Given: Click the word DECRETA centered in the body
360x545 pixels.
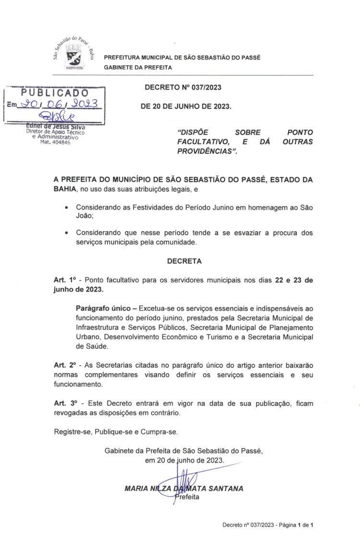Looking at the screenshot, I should pyautogui.click(x=184, y=261).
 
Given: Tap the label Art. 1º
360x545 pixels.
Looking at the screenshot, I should pyautogui.click(x=65, y=280).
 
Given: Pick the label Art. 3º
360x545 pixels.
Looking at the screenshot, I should pyautogui.click(x=65, y=403).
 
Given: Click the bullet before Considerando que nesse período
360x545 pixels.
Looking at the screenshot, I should pyautogui.click(x=66, y=233).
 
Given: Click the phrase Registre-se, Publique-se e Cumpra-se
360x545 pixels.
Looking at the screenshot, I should pyautogui.click(x=116, y=431).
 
